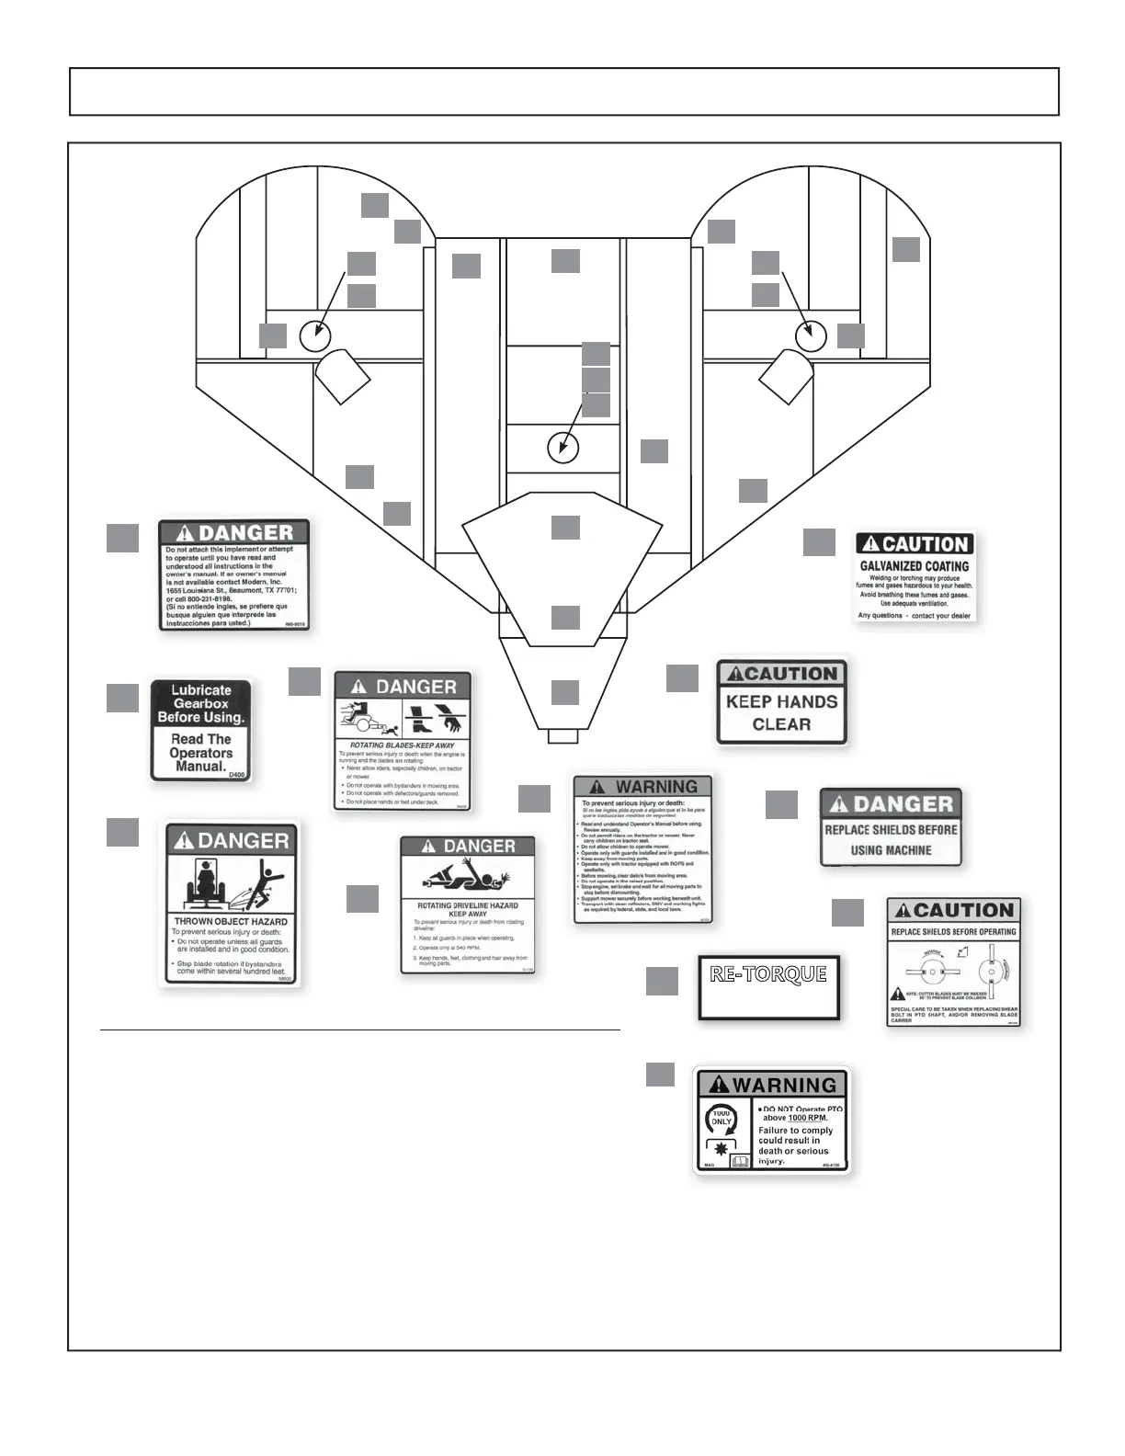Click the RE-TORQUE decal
[769, 987]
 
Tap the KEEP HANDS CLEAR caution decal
[781, 702]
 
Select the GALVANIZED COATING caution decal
[914, 576]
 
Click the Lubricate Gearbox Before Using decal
[200, 730]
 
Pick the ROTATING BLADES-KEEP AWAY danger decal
[403, 741]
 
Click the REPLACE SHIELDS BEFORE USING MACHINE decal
[891, 827]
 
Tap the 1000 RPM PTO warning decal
[771, 1120]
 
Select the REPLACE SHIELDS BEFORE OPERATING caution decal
[953, 962]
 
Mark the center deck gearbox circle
[562, 449]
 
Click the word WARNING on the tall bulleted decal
[656, 787]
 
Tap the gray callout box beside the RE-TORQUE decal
[662, 981]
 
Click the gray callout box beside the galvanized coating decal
[819, 541]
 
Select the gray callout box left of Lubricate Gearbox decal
[122, 698]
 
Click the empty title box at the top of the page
[563, 91]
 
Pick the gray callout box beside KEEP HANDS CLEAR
[682, 677]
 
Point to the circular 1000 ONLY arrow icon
[721, 1119]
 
